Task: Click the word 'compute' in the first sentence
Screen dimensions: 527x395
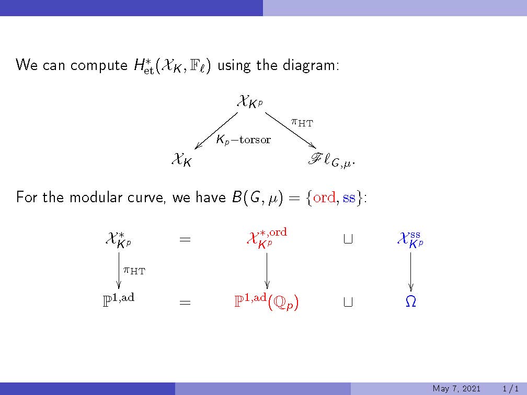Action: (99, 65)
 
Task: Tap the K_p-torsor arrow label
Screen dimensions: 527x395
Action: (243, 139)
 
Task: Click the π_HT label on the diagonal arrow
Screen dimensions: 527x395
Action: (302, 122)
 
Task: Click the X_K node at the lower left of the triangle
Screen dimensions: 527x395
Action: (182, 159)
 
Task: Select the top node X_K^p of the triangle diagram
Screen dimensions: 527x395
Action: (250, 101)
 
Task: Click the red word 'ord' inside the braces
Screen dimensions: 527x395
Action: (324, 197)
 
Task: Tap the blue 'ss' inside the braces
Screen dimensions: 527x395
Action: (349, 198)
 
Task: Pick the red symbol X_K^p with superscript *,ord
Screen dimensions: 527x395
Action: (267, 238)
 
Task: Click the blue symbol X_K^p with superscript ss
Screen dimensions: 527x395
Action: (410, 239)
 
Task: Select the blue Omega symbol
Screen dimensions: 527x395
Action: (411, 301)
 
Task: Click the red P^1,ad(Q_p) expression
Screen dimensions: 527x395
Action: (267, 301)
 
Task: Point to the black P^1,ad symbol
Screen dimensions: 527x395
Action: (119, 300)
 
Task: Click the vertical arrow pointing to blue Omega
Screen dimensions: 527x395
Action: (410, 272)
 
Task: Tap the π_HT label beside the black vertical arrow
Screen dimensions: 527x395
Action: (134, 270)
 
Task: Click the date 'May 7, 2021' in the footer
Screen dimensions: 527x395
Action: (456, 389)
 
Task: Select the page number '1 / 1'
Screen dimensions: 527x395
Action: (510, 389)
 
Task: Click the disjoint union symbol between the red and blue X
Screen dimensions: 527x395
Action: (348, 239)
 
